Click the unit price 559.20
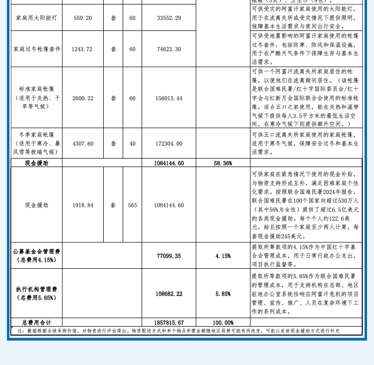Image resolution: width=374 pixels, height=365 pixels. coord(83,18)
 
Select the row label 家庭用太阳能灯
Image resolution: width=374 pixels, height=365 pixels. coord(36,18)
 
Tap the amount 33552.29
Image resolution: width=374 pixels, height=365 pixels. coord(169,18)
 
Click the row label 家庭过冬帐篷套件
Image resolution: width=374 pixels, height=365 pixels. coord(37,49)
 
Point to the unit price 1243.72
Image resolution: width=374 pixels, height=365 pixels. coord(83,49)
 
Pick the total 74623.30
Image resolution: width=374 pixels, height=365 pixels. coord(169,49)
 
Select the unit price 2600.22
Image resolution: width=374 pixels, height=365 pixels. coord(83,99)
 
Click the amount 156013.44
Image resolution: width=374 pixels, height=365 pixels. coord(169,99)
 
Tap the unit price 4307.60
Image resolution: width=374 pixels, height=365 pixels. coord(83,144)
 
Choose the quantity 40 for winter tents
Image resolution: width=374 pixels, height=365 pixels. coord(132,144)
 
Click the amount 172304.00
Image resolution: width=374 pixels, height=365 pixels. coord(169,144)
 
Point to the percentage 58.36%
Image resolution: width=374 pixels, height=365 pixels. coord(223,163)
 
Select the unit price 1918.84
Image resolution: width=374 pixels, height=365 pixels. coord(83,205)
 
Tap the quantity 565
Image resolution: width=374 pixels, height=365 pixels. coord(132,205)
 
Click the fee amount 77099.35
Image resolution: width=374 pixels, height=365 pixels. coord(169,256)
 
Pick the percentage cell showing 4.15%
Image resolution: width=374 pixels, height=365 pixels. coord(223,256)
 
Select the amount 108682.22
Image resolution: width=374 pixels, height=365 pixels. coord(169,294)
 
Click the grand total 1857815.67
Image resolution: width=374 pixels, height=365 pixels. coord(169,323)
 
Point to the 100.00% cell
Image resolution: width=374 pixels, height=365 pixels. coord(223,323)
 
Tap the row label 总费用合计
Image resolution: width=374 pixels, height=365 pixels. coord(37,323)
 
